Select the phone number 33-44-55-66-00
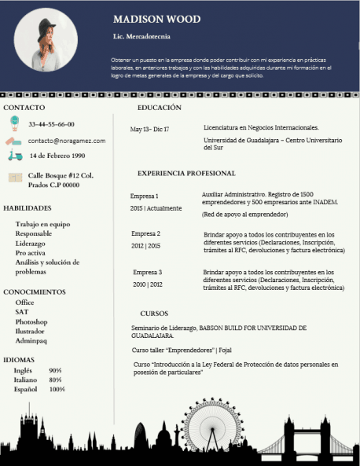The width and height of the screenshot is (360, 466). pos(51,124)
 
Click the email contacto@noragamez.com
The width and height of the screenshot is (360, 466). pos(66,141)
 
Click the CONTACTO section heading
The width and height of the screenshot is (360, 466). pos(24,107)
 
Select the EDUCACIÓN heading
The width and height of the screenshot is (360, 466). pos(159,107)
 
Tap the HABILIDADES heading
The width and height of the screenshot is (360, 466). pos(28,208)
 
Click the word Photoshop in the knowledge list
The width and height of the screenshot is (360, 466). pos(31,322)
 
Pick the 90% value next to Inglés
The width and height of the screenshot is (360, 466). pos(55,370)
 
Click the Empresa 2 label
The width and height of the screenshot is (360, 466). pos(145,233)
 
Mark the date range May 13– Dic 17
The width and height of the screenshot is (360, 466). pos(149,129)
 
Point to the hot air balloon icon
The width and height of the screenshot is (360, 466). pos(14,123)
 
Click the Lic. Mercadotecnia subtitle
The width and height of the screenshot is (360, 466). pos(141,36)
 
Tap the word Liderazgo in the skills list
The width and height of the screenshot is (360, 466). pos(31,244)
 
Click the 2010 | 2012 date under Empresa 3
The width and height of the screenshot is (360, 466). pos(148,284)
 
